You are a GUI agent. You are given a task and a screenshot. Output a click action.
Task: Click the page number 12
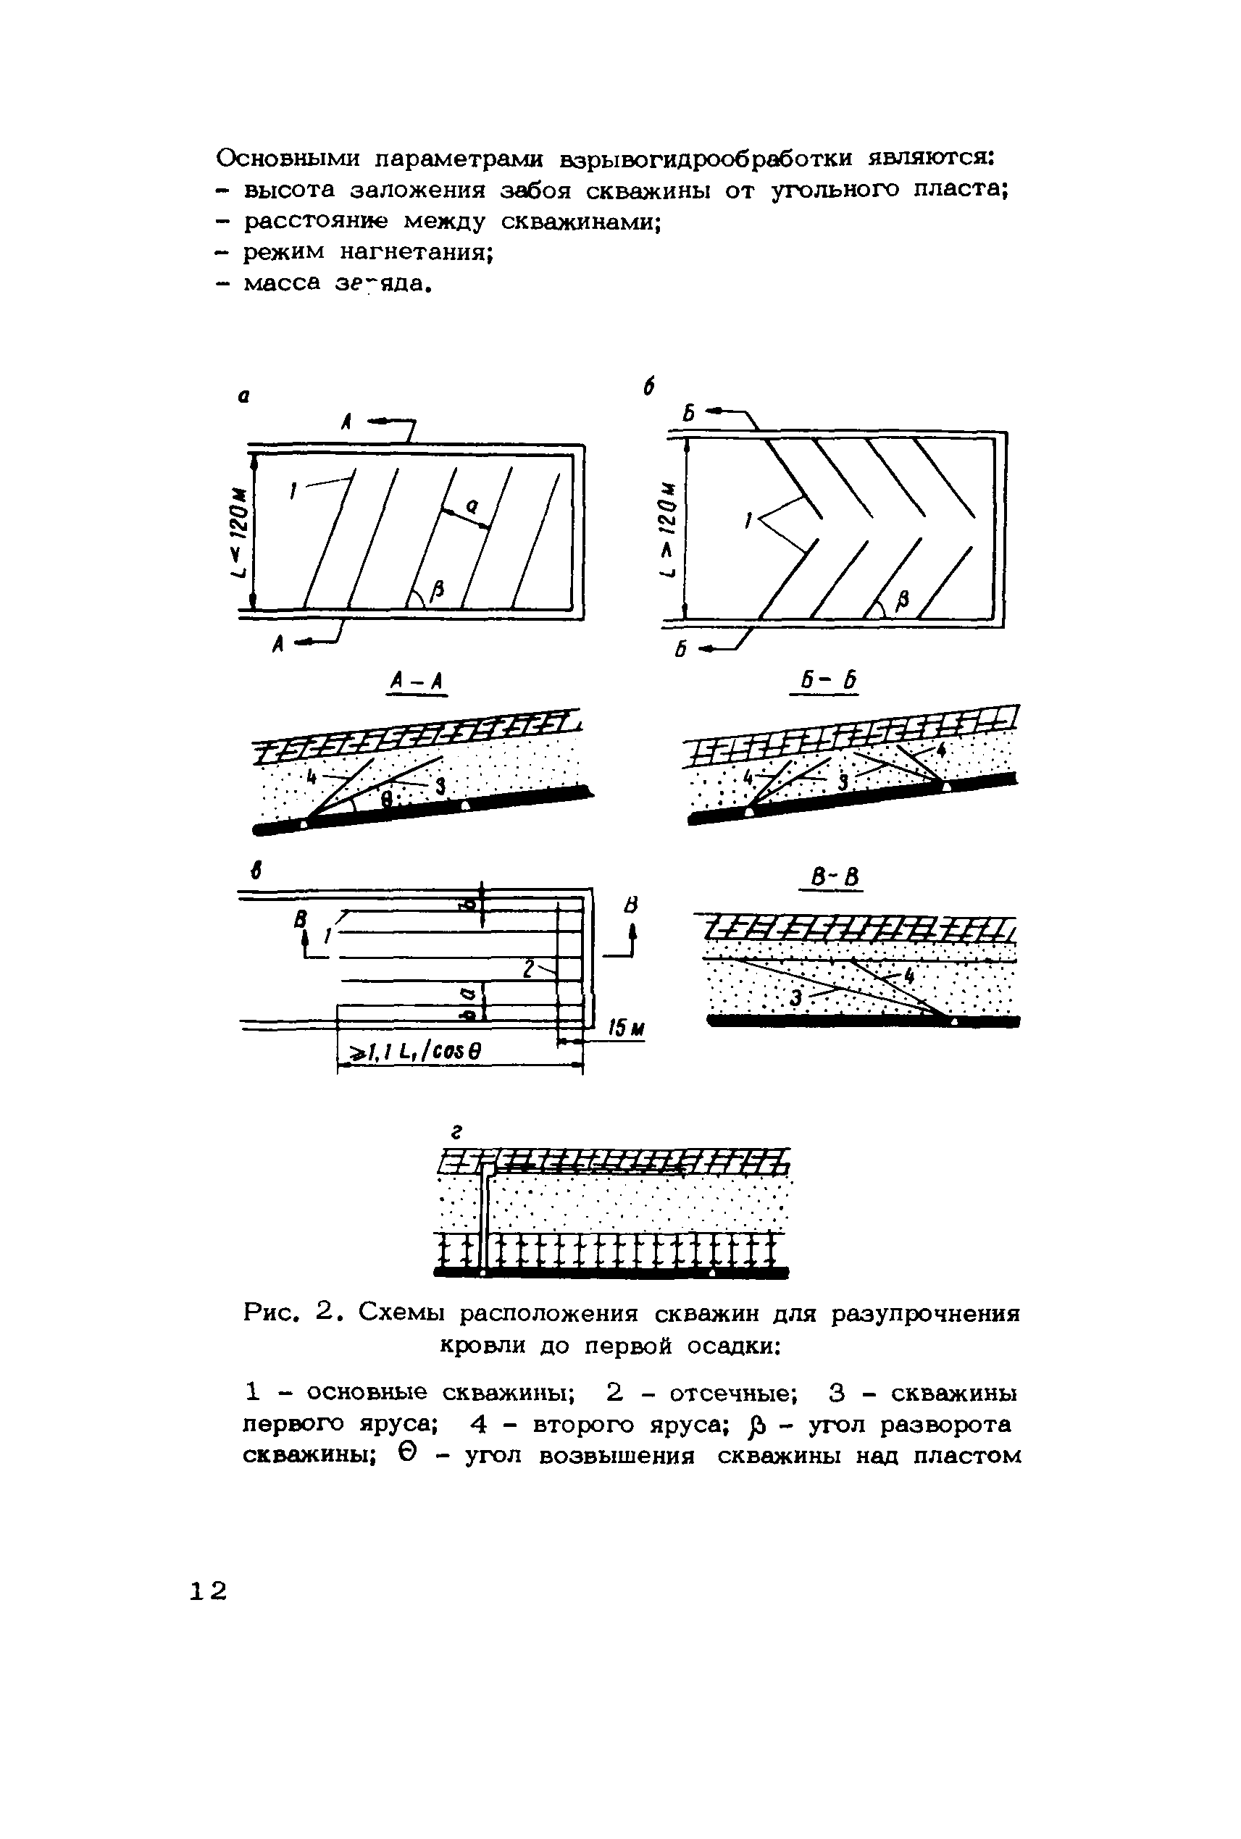click(208, 1591)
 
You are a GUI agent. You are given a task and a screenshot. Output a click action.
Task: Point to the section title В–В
click(830, 877)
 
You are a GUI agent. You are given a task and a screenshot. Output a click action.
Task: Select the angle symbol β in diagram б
click(901, 600)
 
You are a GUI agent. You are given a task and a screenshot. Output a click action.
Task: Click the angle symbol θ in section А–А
click(386, 800)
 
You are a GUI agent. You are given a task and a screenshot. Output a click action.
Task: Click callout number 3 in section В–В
click(796, 1000)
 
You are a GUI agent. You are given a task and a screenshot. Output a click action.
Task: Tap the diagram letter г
click(456, 1132)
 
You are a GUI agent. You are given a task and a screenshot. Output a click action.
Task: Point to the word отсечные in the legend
click(727, 1392)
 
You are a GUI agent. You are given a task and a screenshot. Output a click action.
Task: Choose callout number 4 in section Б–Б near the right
click(941, 747)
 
